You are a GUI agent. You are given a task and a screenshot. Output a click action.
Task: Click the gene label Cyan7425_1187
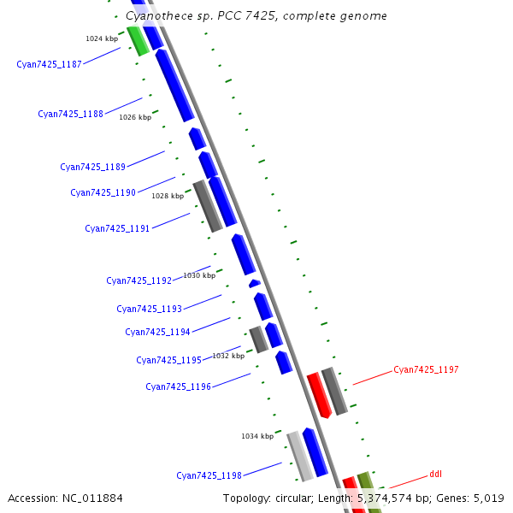coord(49,64)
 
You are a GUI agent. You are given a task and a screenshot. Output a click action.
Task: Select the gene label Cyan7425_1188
coord(70,114)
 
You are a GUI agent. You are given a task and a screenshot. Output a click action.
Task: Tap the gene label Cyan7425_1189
coord(92,167)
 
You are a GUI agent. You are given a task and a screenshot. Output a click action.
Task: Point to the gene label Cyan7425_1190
coord(103,192)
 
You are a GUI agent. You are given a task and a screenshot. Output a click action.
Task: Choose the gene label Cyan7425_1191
coord(117,228)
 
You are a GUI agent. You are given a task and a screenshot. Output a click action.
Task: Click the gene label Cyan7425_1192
coord(139,280)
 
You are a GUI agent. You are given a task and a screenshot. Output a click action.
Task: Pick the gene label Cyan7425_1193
coord(149,309)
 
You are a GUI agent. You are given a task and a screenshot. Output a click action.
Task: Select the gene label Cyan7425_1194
coord(157,332)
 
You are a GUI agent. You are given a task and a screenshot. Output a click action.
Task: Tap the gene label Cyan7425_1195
coord(168,360)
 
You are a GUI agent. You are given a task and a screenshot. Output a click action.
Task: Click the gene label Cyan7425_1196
coord(178,386)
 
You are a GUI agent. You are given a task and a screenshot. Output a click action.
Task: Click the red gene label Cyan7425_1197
coord(426,369)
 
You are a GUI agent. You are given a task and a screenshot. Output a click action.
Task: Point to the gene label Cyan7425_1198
coord(209,475)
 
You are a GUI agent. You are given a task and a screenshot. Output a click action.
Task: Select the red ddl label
coord(435,473)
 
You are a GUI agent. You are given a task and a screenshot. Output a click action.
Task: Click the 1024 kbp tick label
coord(102,38)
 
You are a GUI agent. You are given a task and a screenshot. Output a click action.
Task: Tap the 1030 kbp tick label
coord(199,275)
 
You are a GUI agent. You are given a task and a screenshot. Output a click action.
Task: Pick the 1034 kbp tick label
coord(257,436)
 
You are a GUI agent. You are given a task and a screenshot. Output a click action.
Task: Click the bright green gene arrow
coord(138,41)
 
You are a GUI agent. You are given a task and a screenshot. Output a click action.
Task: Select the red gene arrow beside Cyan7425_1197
coord(319,394)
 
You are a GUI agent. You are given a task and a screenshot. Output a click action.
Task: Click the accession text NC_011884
coord(94,498)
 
